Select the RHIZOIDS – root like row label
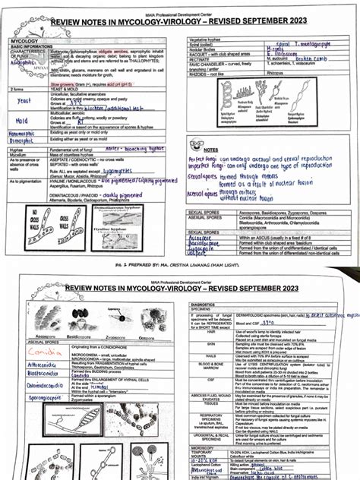(209, 74)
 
